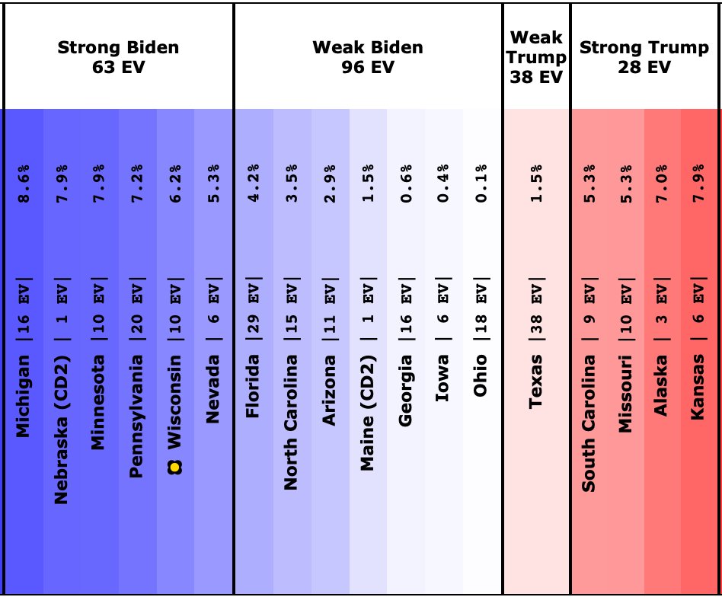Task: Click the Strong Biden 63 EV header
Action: pos(118,57)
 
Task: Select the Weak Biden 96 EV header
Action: pos(368,57)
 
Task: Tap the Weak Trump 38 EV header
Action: pos(537,57)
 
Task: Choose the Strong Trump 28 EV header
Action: pos(644,57)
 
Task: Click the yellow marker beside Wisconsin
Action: pos(175,467)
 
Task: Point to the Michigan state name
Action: pos(24,395)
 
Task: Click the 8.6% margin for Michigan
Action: pos(24,184)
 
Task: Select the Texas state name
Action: pos(536,381)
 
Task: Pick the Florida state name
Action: pos(253,387)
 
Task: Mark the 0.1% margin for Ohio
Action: pos(480,184)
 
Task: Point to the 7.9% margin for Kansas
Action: pos(698,184)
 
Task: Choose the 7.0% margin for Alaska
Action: pos(661,184)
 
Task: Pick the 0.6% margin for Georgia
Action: pos(405,184)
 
